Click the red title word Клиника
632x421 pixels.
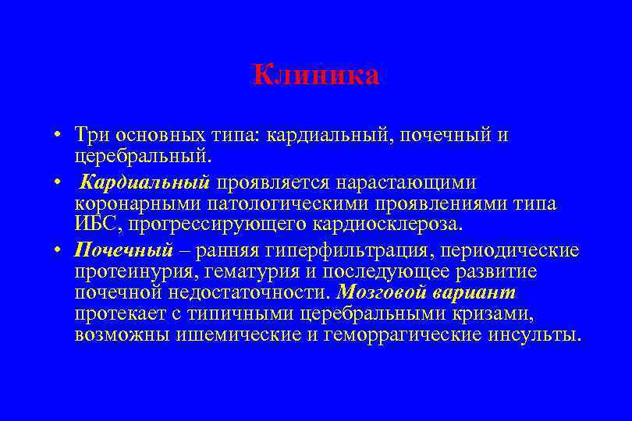[x=316, y=75]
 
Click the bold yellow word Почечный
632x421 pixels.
[x=123, y=250]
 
